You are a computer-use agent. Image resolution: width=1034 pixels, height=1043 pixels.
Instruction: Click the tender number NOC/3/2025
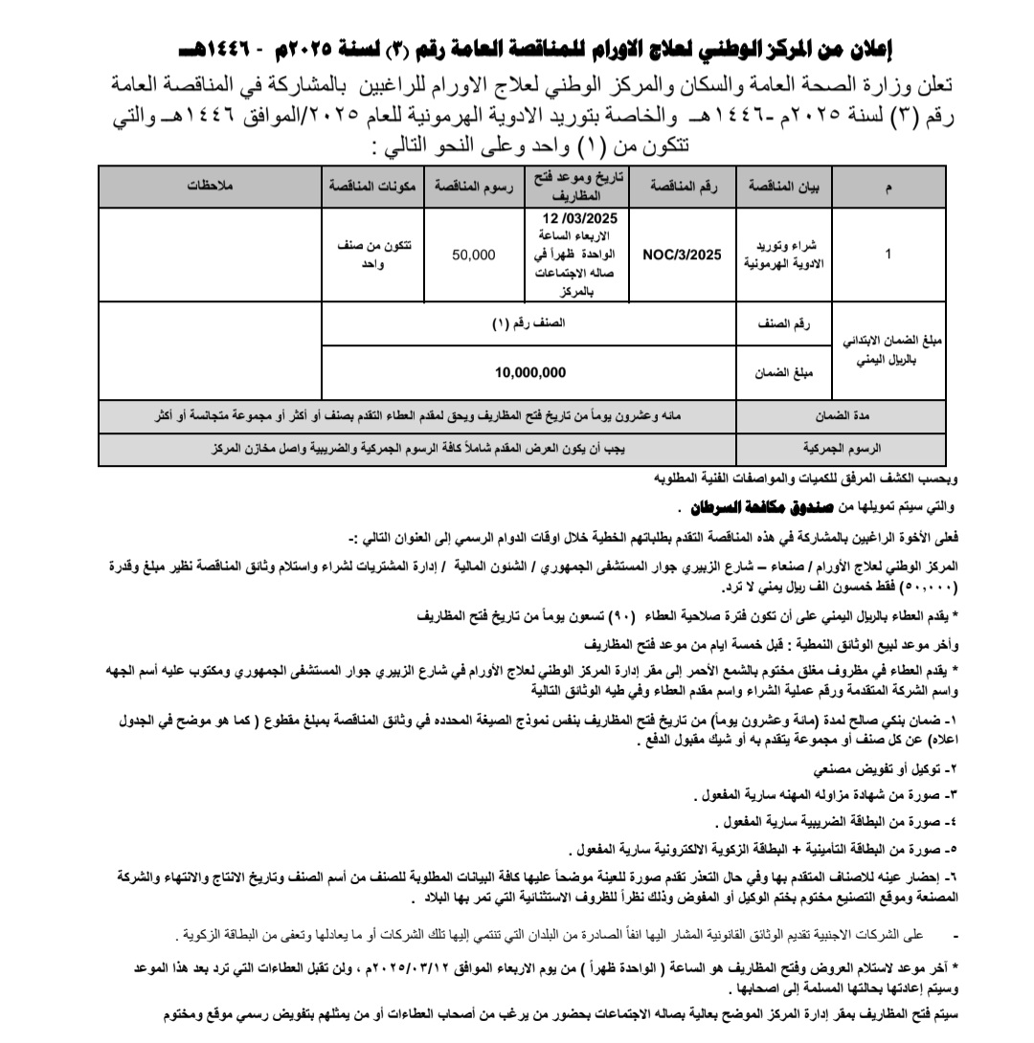click(x=682, y=255)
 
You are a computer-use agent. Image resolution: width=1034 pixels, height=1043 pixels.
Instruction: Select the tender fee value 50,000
click(x=474, y=255)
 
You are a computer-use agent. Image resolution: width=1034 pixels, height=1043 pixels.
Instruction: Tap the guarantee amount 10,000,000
click(x=530, y=372)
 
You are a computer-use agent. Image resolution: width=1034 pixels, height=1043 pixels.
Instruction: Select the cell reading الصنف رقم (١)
click(x=530, y=323)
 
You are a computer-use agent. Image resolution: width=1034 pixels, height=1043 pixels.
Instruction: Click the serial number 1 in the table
click(x=889, y=255)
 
